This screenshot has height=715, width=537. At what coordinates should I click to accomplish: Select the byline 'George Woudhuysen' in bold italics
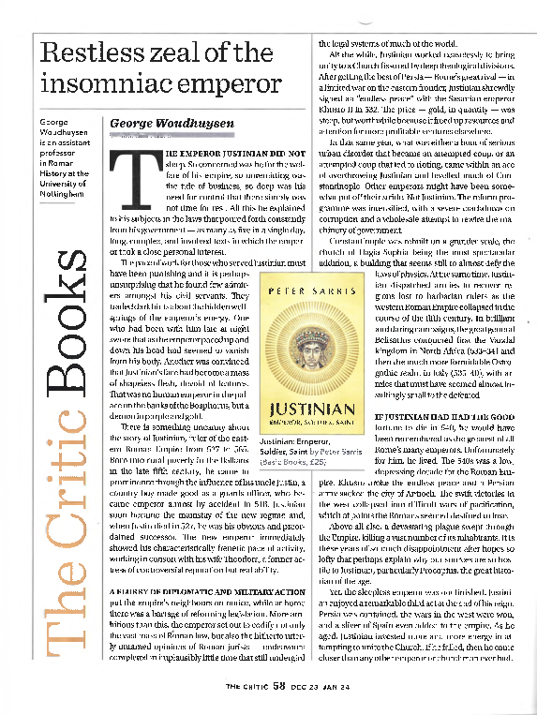(x=166, y=124)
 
